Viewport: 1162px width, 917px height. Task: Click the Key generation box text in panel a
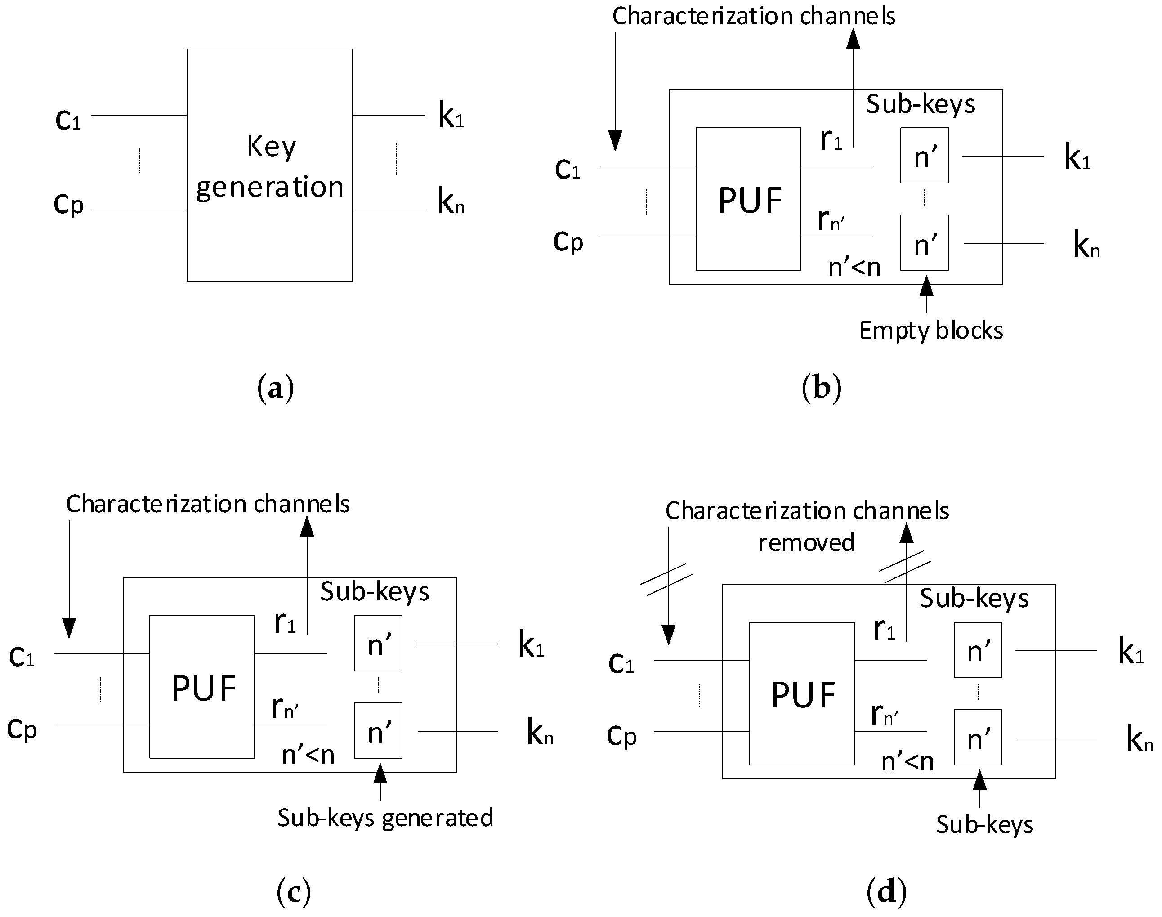(x=270, y=167)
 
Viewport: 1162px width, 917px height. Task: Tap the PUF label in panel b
(x=750, y=201)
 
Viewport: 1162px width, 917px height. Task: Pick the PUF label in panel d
(x=803, y=695)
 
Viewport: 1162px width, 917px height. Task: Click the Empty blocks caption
(x=931, y=331)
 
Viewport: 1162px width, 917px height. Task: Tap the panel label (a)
(x=275, y=388)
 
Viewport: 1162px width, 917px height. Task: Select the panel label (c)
(x=294, y=892)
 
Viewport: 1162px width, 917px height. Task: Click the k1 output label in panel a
(x=450, y=116)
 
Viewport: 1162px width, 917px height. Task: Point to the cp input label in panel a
(x=69, y=204)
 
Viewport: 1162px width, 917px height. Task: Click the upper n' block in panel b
(x=924, y=156)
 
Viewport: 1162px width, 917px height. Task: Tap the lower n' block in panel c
(x=378, y=731)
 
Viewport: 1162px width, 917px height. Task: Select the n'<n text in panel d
(x=907, y=762)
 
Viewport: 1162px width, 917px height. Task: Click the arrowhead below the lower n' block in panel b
(x=926, y=286)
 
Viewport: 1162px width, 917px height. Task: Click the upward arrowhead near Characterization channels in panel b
(x=853, y=39)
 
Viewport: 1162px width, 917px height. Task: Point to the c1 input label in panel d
(x=621, y=664)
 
